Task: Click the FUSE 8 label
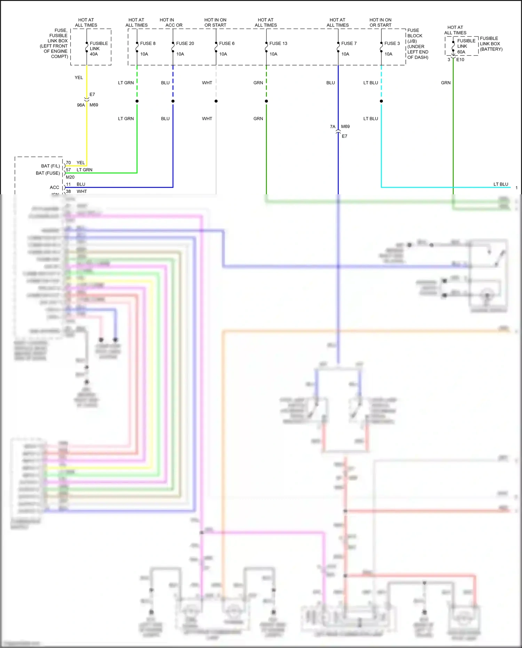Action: click(x=148, y=44)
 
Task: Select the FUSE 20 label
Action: click(x=185, y=44)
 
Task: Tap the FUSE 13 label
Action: click(x=278, y=44)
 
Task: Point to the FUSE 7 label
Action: click(x=349, y=44)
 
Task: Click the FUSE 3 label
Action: click(x=392, y=44)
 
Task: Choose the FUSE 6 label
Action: click(x=227, y=44)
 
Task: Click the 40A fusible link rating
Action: click(x=94, y=54)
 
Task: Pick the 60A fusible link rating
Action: click(x=461, y=52)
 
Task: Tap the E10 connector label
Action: click(x=460, y=60)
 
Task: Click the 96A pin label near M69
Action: click(x=81, y=105)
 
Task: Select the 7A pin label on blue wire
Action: click(x=333, y=127)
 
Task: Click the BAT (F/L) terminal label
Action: click(x=50, y=166)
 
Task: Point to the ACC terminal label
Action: click(x=55, y=187)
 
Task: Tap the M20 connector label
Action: click(x=70, y=177)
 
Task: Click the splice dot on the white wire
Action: click(x=216, y=101)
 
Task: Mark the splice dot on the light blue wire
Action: click(x=381, y=101)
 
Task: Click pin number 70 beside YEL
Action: click(x=68, y=163)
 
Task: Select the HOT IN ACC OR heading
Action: click(x=171, y=23)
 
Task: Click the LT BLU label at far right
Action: click(x=500, y=184)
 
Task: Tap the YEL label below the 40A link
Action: click(x=79, y=78)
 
